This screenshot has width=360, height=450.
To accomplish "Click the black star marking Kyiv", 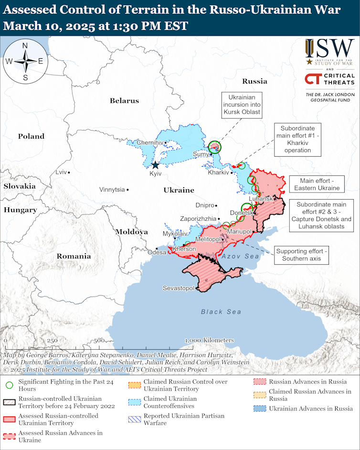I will point(155,165).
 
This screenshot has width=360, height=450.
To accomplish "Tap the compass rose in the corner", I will point(25,61).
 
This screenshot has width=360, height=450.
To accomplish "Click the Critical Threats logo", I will point(330,79).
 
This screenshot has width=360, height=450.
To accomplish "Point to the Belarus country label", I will point(124,101).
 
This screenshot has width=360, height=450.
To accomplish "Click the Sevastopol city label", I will point(178,289).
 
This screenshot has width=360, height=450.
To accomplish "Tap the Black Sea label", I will point(221,312).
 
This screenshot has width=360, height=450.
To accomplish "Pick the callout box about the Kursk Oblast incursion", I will point(242,105).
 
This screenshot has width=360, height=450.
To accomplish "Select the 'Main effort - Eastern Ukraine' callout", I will point(316,184).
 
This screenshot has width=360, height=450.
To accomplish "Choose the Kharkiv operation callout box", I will point(301,139).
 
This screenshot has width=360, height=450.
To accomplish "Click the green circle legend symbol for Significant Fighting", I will point(9,383).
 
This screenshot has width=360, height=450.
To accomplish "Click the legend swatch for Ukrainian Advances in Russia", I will point(260,409).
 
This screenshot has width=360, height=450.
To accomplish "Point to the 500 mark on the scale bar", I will point(98,341).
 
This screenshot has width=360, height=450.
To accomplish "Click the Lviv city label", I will point(61,172).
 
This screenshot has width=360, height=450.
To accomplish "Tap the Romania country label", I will point(74,256).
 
